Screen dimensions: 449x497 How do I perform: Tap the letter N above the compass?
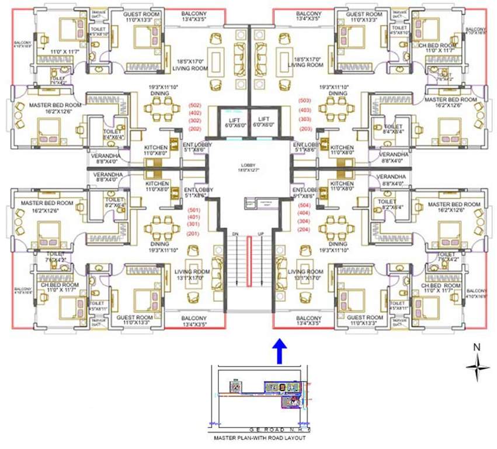click(x=477, y=347)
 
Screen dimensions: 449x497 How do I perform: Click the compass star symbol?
click(x=477, y=367)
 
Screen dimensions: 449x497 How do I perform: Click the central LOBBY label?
click(x=251, y=165)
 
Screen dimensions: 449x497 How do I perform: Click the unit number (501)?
click(x=194, y=209)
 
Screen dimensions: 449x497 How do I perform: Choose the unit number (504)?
click(x=304, y=206)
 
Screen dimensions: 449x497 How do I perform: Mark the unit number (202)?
click(x=194, y=129)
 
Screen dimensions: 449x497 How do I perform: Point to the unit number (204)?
click(x=304, y=230)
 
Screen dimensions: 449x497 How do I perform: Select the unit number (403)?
click(x=304, y=109)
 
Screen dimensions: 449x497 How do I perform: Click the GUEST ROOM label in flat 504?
click(x=364, y=317)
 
